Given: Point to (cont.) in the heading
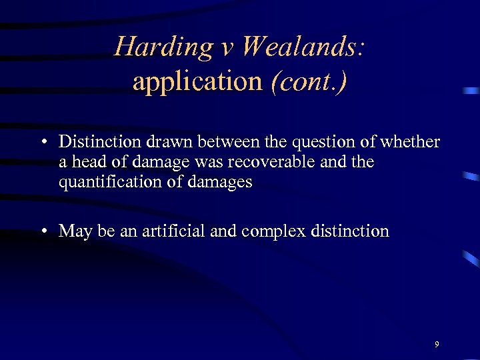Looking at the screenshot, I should (x=309, y=81).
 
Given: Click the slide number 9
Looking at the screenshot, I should (x=436, y=345).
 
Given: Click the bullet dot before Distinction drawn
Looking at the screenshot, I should (x=42, y=142).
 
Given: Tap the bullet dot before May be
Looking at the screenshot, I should (x=42, y=231).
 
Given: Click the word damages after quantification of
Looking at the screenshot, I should (x=218, y=182).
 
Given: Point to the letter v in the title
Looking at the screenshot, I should (x=227, y=47).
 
